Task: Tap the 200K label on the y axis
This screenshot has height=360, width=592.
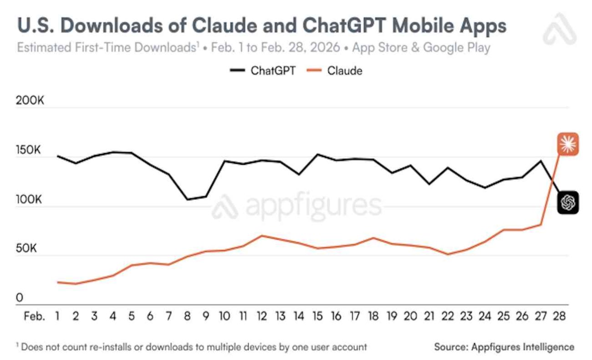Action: tap(30, 101)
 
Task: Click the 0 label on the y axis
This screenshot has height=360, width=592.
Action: tap(20, 298)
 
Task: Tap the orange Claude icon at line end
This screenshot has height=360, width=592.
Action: tap(567, 144)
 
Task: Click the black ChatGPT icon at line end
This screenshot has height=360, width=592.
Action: tap(568, 202)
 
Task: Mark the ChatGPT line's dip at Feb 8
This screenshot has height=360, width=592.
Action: tap(187, 199)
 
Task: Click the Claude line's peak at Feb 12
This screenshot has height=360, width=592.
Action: tap(261, 236)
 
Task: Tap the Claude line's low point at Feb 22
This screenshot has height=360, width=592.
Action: tap(448, 254)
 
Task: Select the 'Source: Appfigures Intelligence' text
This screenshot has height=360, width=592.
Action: tap(504, 347)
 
